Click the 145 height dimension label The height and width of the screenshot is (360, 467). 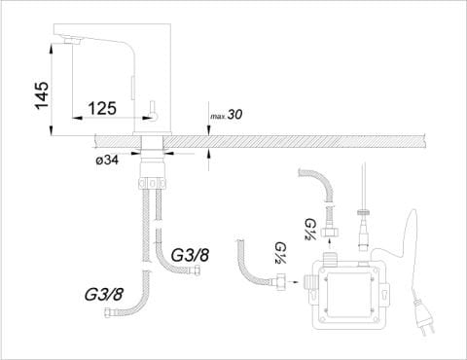click(x=43, y=96)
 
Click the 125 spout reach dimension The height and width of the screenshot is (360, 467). click(x=102, y=108)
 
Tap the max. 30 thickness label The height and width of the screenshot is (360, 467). click(x=227, y=115)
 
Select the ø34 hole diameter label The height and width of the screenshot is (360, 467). click(x=107, y=160)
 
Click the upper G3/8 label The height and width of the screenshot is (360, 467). click(x=190, y=255)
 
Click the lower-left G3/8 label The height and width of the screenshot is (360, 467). click(x=104, y=294)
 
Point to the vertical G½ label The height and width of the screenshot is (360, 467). click(x=308, y=230)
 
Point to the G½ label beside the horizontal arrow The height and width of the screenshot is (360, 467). click(x=279, y=253)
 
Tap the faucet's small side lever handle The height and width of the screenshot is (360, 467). click(x=154, y=111)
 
